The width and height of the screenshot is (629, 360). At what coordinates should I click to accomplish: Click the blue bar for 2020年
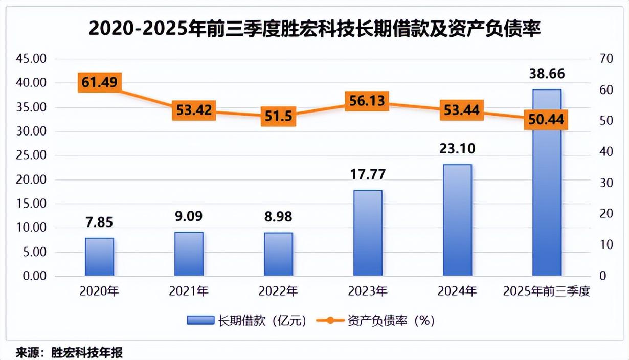coord(99,257)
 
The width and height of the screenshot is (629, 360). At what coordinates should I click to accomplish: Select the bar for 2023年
coord(368,233)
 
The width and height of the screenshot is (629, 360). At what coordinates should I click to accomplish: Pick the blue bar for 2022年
coord(278,254)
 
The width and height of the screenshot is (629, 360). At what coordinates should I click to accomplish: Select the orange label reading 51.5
coord(278,116)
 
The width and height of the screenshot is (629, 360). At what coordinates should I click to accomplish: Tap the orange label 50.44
coord(547,120)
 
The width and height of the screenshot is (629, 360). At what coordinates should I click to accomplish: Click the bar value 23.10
coord(457,149)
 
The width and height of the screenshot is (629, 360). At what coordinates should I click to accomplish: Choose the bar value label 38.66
coord(547,74)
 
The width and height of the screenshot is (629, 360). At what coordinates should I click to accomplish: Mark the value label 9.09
coord(189,216)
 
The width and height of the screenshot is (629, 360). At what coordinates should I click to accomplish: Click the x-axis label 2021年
coord(189,292)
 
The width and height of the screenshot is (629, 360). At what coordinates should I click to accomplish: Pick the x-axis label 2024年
coord(457,292)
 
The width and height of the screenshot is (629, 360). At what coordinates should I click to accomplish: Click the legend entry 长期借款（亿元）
coord(248,321)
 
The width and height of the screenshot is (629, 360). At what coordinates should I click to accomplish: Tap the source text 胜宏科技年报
coord(87,352)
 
